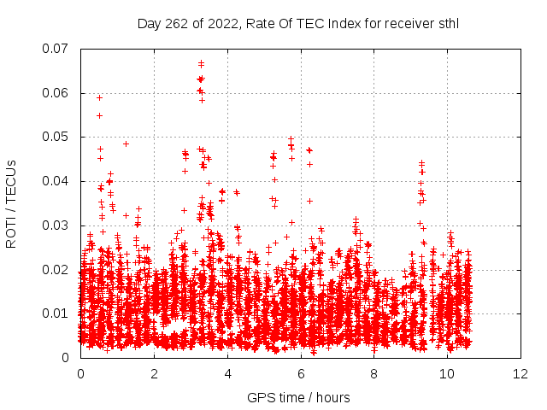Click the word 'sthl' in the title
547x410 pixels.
click(445, 23)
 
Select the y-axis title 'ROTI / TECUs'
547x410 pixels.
click(12, 202)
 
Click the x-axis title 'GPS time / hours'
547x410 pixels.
click(298, 397)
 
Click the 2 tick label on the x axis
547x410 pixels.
click(155, 374)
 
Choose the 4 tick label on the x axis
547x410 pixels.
click(228, 374)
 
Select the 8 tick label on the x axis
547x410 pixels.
click(374, 374)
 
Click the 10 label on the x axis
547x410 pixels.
click(448, 374)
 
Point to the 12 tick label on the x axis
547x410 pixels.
click(521, 374)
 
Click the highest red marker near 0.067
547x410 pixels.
click(201, 62)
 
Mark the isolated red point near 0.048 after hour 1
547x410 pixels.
click(126, 143)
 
